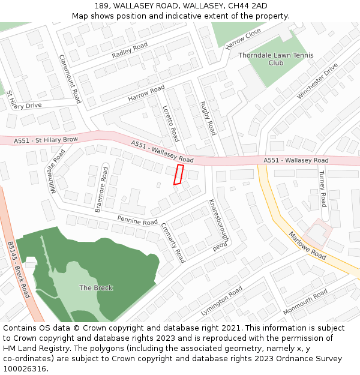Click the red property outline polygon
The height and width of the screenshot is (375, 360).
tap(178, 175)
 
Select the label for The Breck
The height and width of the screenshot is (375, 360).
tap(96, 288)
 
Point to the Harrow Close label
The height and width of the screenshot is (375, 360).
tap(243, 38)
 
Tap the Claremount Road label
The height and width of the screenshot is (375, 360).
tap(70, 79)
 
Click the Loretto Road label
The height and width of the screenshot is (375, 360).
tap(171, 124)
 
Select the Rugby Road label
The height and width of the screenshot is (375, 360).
tap(208, 118)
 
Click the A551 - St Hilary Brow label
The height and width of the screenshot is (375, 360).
tap(46, 140)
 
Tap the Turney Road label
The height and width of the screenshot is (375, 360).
tap(322, 188)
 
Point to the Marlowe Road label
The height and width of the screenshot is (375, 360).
tap(307, 245)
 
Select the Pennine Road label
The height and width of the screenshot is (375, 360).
tap(137, 221)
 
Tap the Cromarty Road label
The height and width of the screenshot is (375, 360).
tap(173, 243)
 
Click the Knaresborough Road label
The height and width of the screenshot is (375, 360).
tap(218, 225)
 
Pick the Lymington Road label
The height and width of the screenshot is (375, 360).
tap(223, 301)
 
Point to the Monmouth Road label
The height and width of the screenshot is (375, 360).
tap(305, 302)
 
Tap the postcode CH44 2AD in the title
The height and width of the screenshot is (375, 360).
tap(244, 6)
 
